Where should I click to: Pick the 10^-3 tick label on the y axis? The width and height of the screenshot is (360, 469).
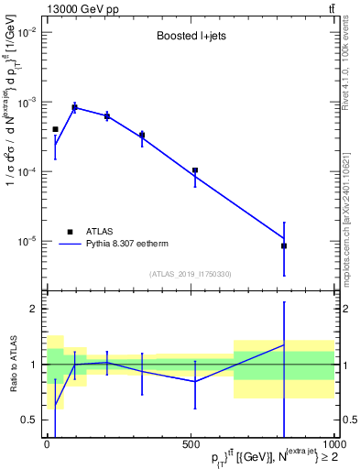click(x=26, y=102)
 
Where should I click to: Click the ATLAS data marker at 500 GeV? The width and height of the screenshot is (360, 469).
click(x=195, y=170)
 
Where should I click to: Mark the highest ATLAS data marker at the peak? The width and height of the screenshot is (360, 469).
click(x=75, y=107)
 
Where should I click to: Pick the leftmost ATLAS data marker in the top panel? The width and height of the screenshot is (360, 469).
click(x=55, y=129)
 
